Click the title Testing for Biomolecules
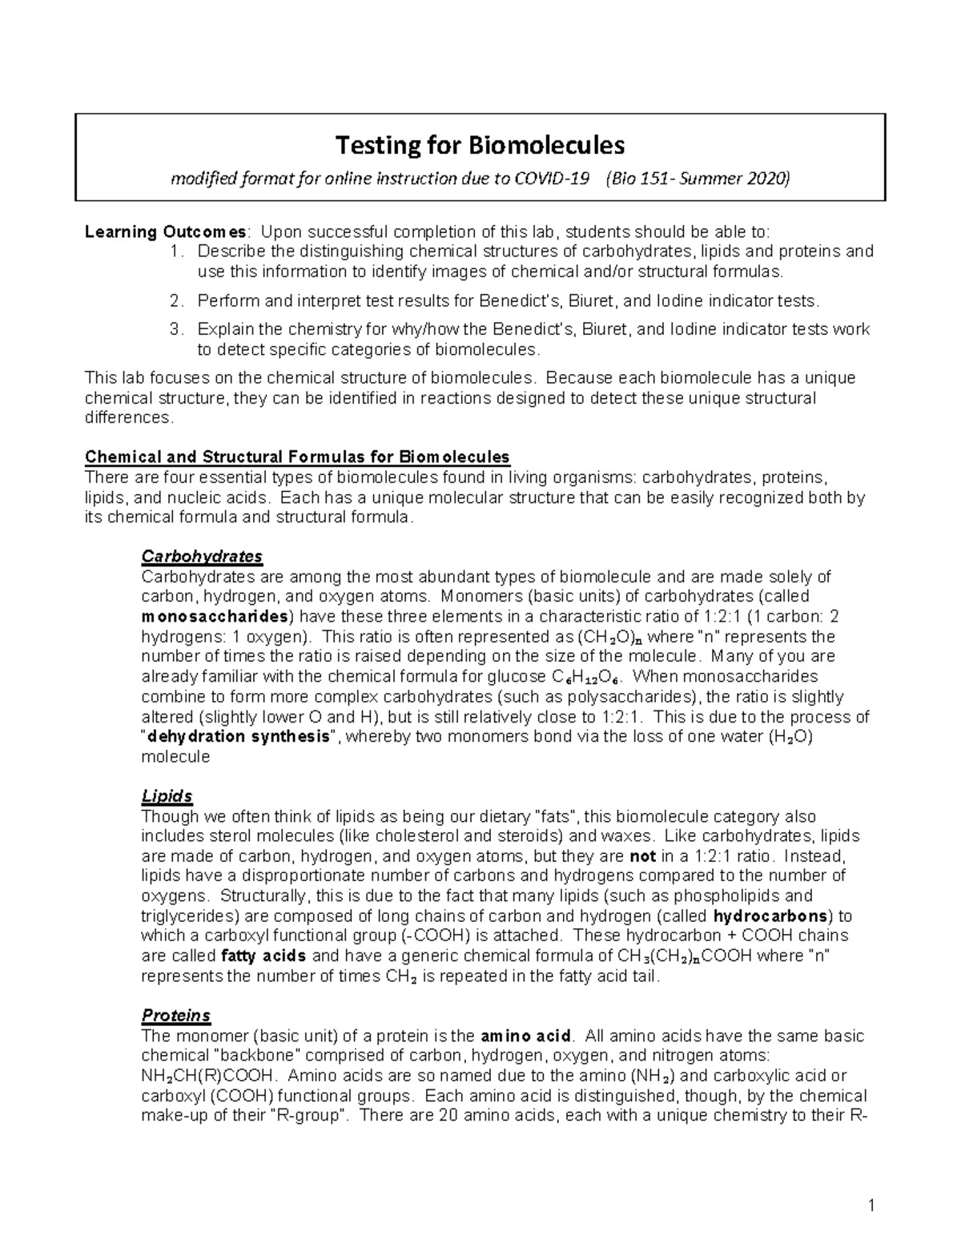click(x=480, y=146)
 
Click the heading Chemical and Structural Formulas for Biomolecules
click(x=297, y=457)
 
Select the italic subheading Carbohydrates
click(x=202, y=557)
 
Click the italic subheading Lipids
click(x=167, y=796)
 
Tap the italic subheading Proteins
click(x=175, y=1016)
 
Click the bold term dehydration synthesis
click(x=238, y=737)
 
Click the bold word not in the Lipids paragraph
click(x=643, y=856)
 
